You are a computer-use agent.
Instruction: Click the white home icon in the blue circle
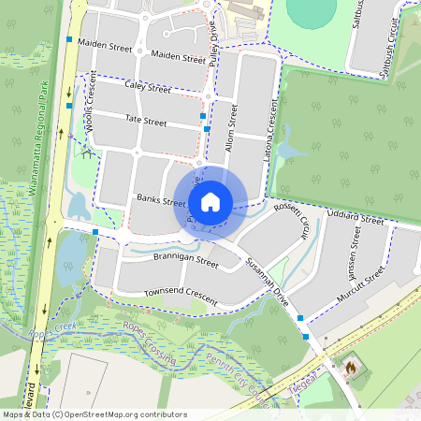(x=210, y=200)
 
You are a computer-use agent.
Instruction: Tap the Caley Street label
(x=147, y=89)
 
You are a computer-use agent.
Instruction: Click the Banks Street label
(x=162, y=200)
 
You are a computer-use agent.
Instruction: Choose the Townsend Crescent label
(x=180, y=297)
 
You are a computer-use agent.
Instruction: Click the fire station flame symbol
(x=350, y=368)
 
